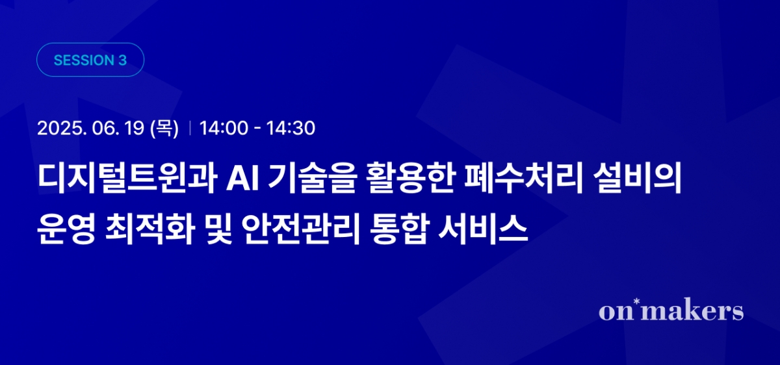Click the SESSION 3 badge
click(90, 60)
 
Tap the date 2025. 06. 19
click(90, 129)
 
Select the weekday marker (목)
click(164, 129)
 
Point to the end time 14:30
click(291, 129)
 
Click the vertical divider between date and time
click(189, 129)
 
